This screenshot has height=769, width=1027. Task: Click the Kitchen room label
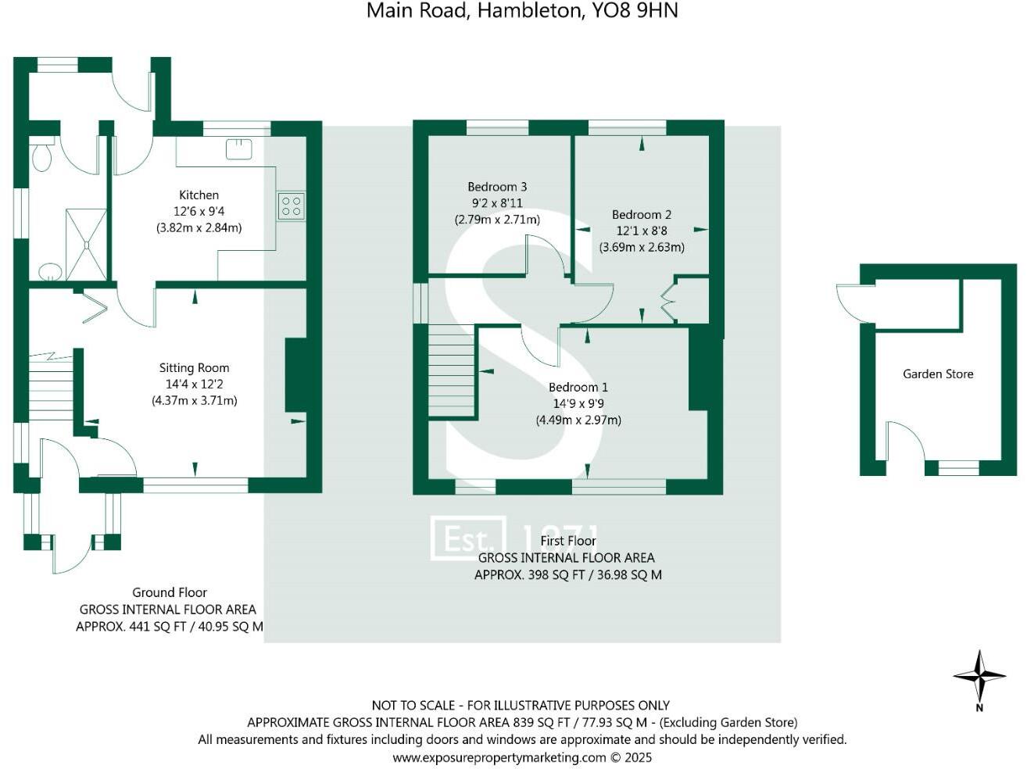[199, 195]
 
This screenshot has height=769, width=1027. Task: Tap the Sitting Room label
[194, 367]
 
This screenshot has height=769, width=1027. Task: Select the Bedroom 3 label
[497, 187]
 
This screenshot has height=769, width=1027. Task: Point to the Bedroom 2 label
[642, 214]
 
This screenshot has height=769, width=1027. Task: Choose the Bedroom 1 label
[578, 387]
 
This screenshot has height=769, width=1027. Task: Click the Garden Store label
[938, 374]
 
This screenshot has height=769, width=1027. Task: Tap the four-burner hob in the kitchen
[291, 206]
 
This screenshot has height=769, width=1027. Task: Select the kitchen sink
[239, 148]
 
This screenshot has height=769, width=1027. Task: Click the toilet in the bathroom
[41, 156]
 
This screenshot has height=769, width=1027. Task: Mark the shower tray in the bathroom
[86, 244]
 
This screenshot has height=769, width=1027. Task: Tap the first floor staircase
[452, 371]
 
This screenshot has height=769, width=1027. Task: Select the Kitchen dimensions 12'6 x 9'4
[199, 211]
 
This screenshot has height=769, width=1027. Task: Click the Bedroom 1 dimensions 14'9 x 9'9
[578, 403]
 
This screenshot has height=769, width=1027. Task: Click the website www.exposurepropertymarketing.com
[499, 757]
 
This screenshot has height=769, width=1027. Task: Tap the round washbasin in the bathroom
[50, 272]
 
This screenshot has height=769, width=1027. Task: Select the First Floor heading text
[568, 541]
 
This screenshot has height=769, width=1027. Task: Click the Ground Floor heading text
[169, 592]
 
